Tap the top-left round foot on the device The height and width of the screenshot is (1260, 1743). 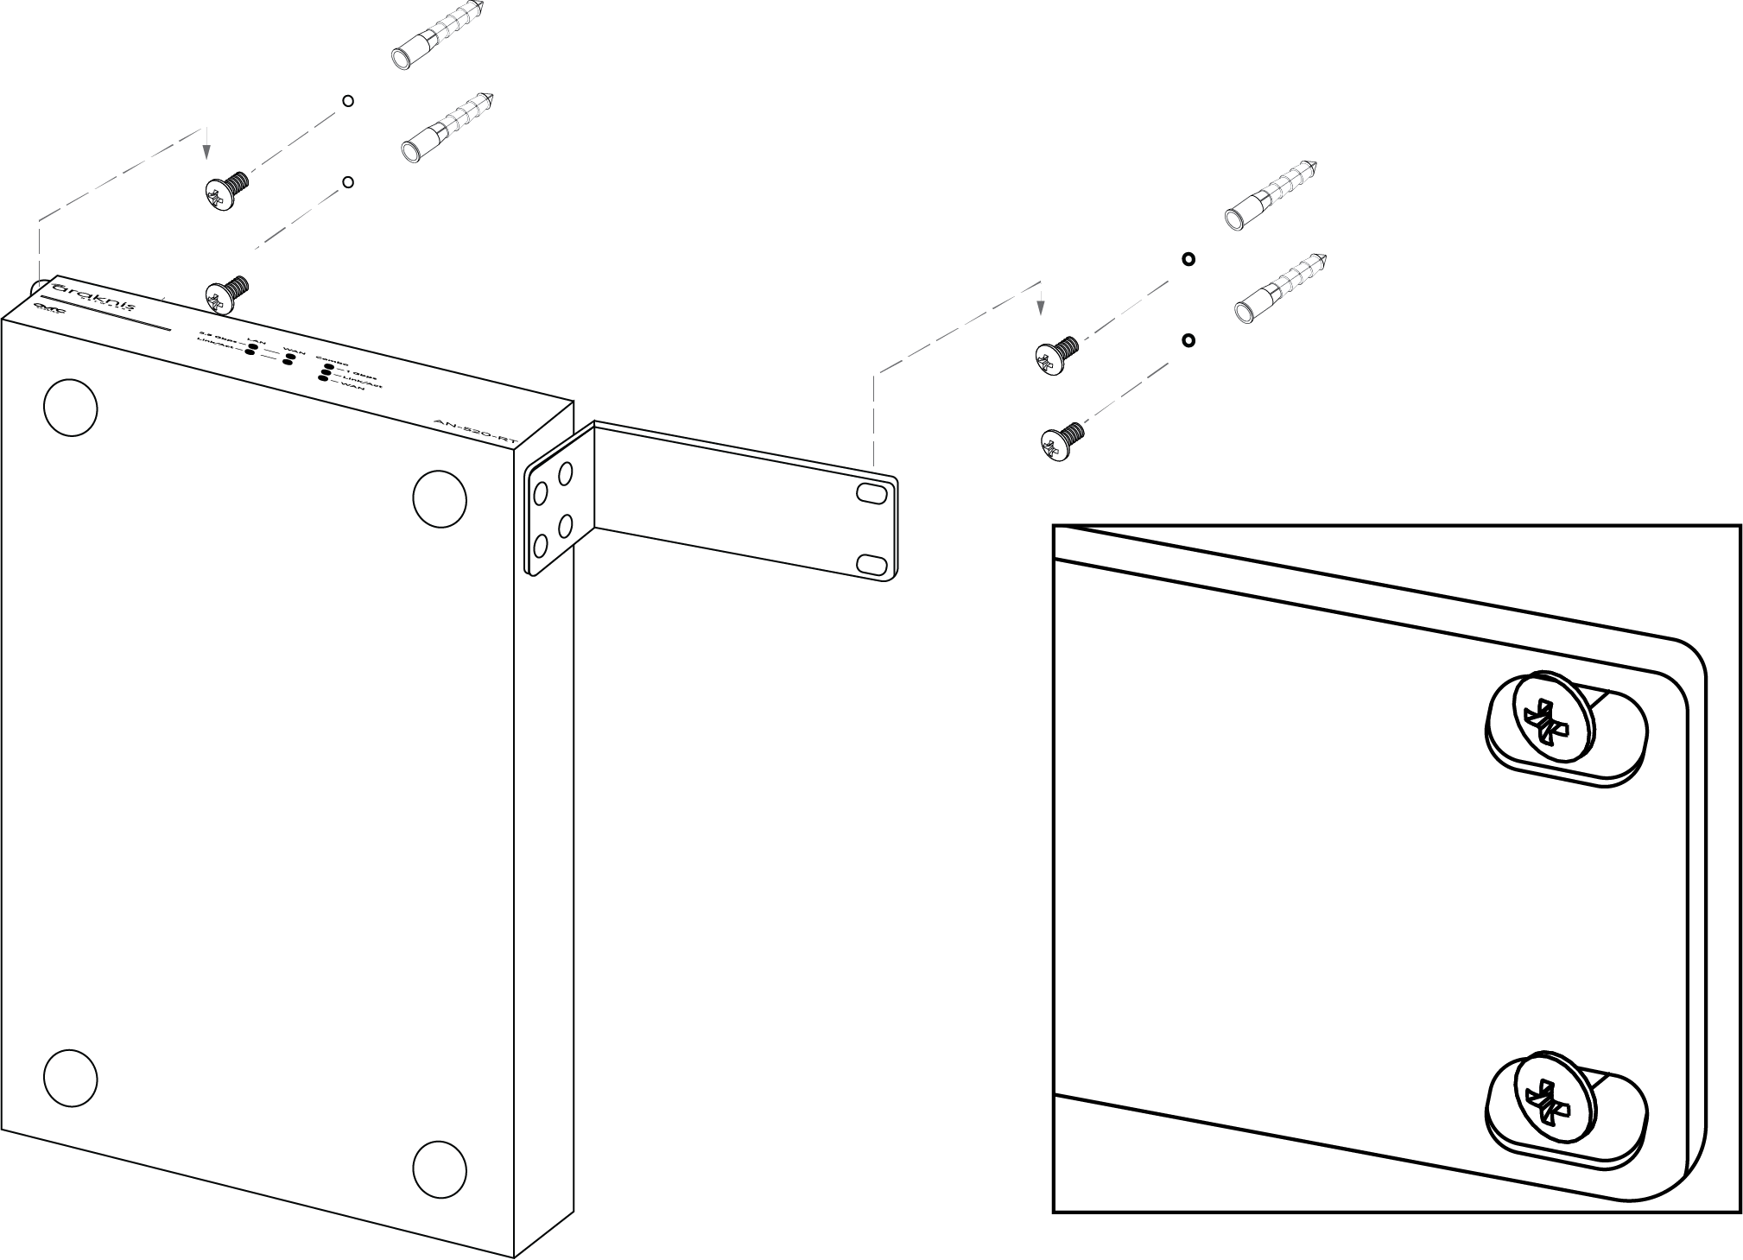point(70,407)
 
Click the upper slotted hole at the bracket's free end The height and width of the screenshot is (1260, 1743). point(871,494)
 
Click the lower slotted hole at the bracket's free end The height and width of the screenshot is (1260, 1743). point(871,566)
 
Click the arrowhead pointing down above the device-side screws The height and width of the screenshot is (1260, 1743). point(206,152)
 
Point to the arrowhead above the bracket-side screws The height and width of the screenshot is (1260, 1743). point(1042,306)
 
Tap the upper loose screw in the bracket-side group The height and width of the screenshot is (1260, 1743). point(1056,354)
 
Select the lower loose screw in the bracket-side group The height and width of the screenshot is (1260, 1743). point(1062,440)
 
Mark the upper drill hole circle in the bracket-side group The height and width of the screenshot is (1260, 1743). point(1188,258)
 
